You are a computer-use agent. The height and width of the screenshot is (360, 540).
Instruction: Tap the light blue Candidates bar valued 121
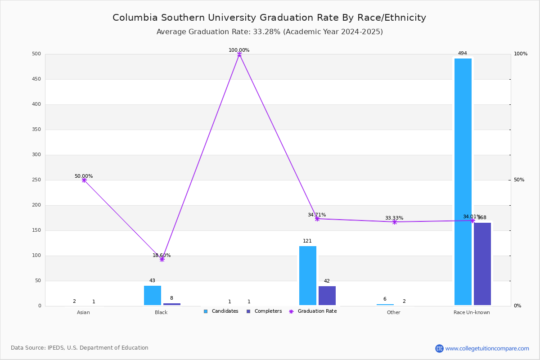tap(307, 275)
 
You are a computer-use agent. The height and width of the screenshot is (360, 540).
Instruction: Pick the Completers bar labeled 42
tap(327, 296)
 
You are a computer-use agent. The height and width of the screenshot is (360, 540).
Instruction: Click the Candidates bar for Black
tap(152, 295)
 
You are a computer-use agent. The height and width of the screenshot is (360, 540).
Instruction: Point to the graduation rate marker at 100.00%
tap(239, 54)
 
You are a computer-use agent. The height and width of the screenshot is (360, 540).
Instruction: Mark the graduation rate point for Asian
tap(84, 180)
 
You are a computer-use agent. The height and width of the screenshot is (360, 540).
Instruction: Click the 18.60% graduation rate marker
tap(162, 259)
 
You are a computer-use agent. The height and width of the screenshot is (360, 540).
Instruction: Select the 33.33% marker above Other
tap(395, 222)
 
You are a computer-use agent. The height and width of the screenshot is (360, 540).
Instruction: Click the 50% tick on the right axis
tap(519, 180)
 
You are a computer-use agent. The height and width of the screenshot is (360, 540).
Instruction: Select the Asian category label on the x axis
tap(83, 312)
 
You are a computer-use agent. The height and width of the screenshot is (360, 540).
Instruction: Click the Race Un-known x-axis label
tap(472, 312)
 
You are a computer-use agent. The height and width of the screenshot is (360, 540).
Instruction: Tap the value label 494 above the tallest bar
tap(462, 53)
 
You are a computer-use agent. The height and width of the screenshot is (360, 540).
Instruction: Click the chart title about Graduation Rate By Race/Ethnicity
tap(269, 18)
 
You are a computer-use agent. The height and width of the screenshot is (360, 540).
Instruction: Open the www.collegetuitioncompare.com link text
tap(487, 348)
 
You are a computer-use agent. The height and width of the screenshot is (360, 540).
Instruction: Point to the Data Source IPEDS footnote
tap(80, 348)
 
